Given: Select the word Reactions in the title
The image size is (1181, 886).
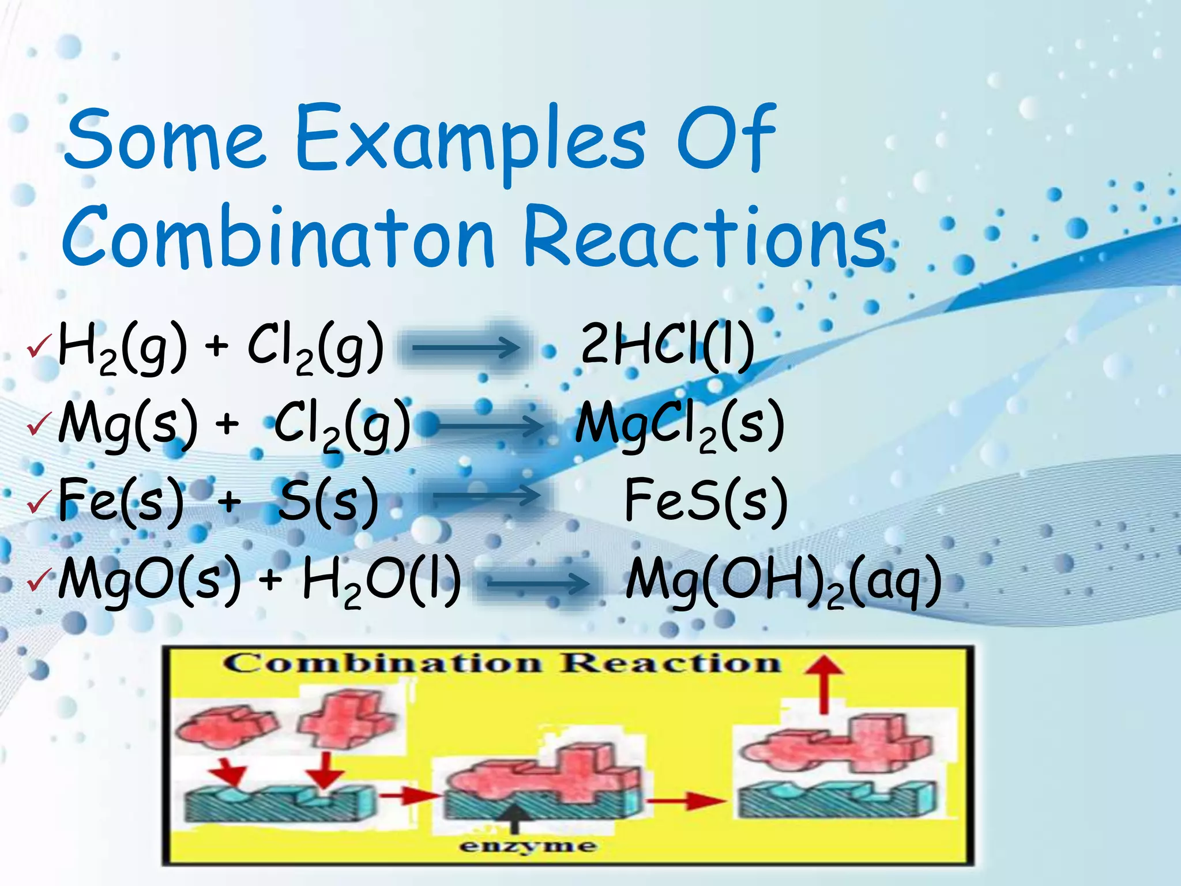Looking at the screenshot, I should click(x=705, y=238).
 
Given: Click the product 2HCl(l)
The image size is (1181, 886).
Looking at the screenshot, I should click(x=667, y=344).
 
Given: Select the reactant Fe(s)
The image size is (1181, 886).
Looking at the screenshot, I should click(x=121, y=500).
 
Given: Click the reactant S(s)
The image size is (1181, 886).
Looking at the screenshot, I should click(x=328, y=500).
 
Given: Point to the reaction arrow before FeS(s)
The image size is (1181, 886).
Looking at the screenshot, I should click(x=486, y=496).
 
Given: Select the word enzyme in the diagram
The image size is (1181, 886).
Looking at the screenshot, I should click(x=527, y=846).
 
